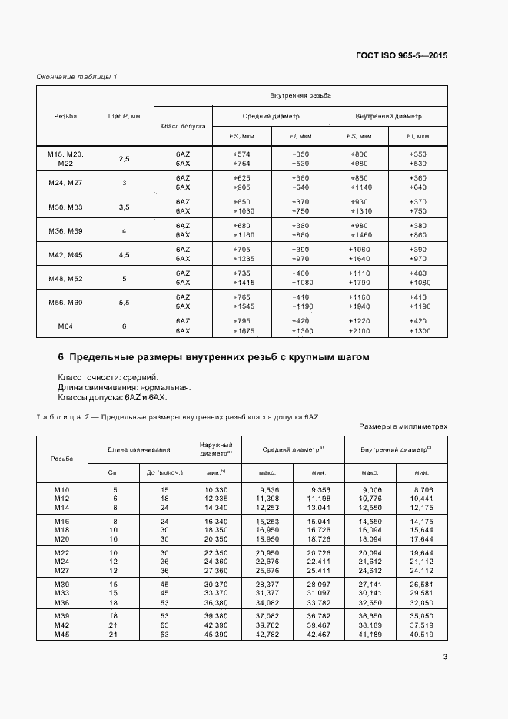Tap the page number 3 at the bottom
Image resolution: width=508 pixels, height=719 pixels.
(x=445, y=657)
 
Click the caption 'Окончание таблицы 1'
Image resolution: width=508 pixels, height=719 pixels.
(x=77, y=76)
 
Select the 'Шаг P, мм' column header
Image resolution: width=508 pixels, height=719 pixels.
(x=124, y=116)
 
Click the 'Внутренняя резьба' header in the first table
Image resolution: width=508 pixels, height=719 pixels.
(x=300, y=95)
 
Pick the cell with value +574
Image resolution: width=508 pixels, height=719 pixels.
(x=242, y=154)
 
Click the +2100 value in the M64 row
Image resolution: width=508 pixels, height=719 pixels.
(x=359, y=331)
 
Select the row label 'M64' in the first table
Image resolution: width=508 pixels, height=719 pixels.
(x=65, y=326)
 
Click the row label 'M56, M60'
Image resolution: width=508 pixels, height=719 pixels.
(x=65, y=302)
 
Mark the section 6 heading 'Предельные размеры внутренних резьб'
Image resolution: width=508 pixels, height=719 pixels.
(x=214, y=358)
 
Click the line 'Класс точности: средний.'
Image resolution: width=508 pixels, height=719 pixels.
(x=108, y=378)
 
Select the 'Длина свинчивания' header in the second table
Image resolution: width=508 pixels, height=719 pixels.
(x=143, y=449)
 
